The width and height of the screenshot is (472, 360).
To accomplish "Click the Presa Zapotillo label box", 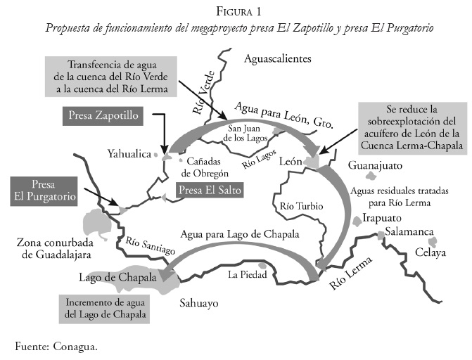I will [x=103, y=115].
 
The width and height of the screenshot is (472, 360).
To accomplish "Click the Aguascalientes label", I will [x=277, y=59].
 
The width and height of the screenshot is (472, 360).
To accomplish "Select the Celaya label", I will [x=430, y=252].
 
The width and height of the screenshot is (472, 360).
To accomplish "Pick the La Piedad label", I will [x=246, y=275].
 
